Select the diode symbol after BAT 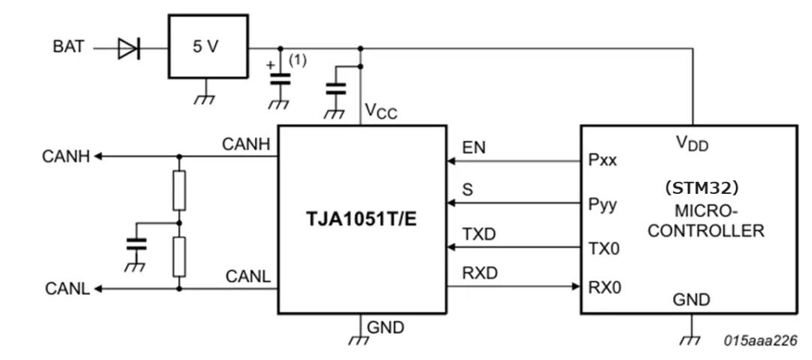click(128, 49)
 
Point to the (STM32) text click(691, 186)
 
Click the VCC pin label click(380, 113)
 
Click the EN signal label click(474, 148)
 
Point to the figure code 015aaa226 click(762, 340)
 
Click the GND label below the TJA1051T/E click(386, 328)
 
